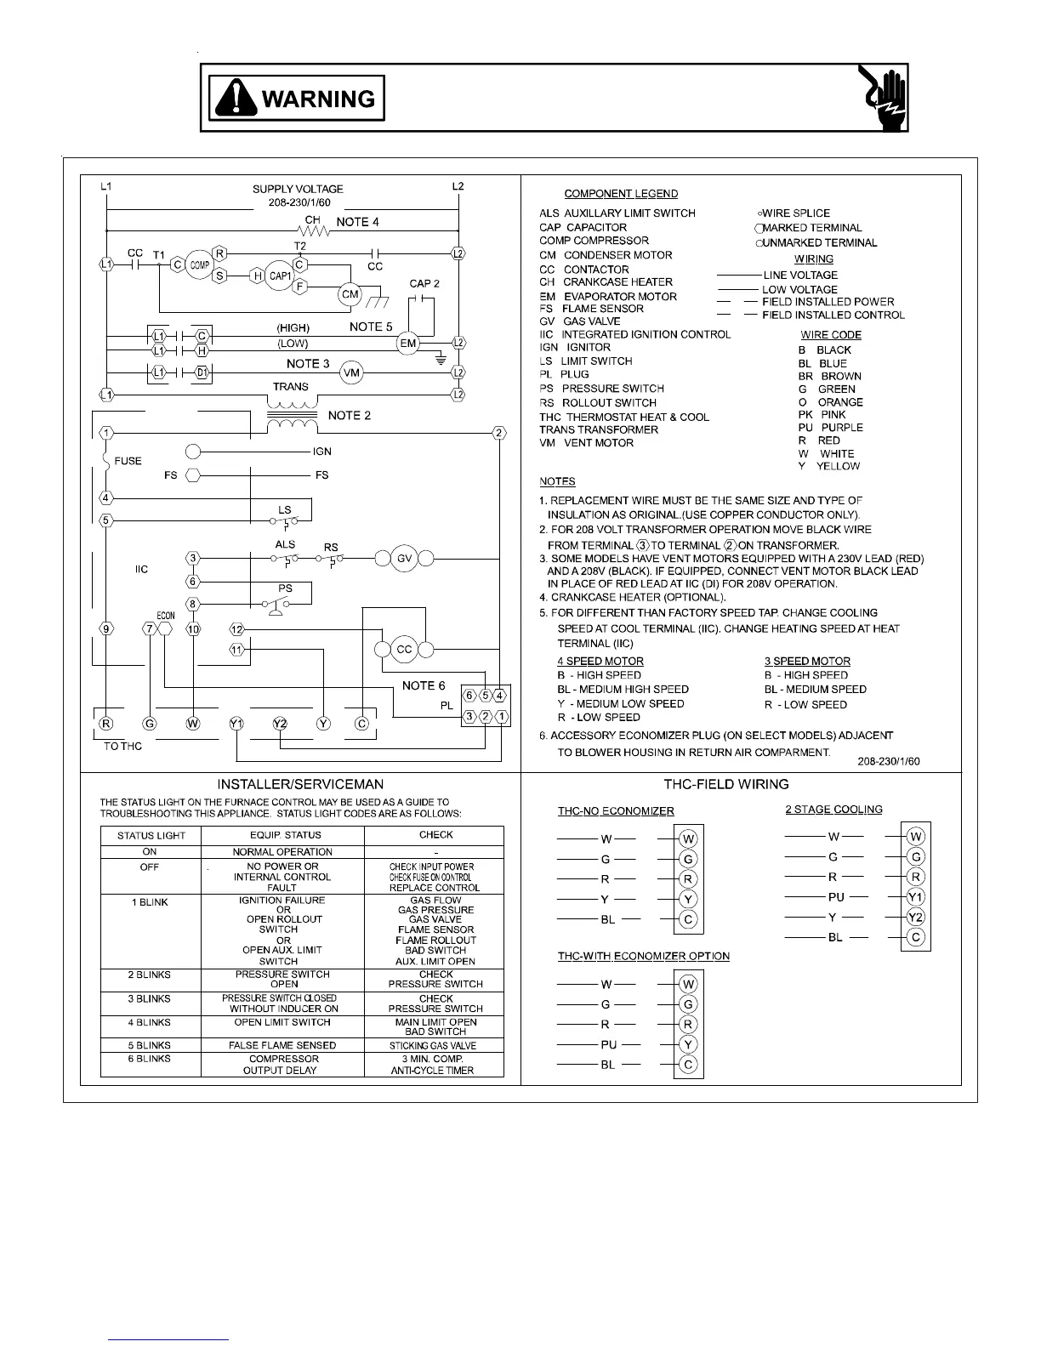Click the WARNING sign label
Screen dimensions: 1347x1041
pyautogui.click(x=297, y=99)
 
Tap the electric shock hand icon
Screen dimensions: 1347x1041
pyautogui.click(x=884, y=98)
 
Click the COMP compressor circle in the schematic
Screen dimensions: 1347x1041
pyautogui.click(x=199, y=264)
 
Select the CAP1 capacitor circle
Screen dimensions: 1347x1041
pyautogui.click(x=279, y=276)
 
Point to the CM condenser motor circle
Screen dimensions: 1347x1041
pyautogui.click(x=350, y=294)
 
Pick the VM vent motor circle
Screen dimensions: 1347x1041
pyautogui.click(x=352, y=372)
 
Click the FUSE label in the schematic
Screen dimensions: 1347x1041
pyautogui.click(x=128, y=461)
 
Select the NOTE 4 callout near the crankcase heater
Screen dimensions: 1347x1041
pyautogui.click(x=357, y=222)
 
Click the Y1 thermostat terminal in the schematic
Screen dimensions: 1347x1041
pyautogui.click(x=236, y=724)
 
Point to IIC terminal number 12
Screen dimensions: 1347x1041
pyautogui.click(x=236, y=629)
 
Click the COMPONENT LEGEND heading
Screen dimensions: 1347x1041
pyautogui.click(x=621, y=194)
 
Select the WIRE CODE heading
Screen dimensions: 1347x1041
pyautogui.click(x=831, y=335)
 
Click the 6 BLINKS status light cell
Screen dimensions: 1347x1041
pyautogui.click(x=150, y=1059)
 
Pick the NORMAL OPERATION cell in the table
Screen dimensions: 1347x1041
pyautogui.click(x=282, y=851)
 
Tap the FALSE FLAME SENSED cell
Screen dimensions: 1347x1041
pyautogui.click(x=282, y=1045)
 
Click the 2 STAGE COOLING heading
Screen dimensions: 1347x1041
pyautogui.click(x=833, y=810)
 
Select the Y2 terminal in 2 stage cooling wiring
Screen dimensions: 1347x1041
pyautogui.click(x=916, y=917)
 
